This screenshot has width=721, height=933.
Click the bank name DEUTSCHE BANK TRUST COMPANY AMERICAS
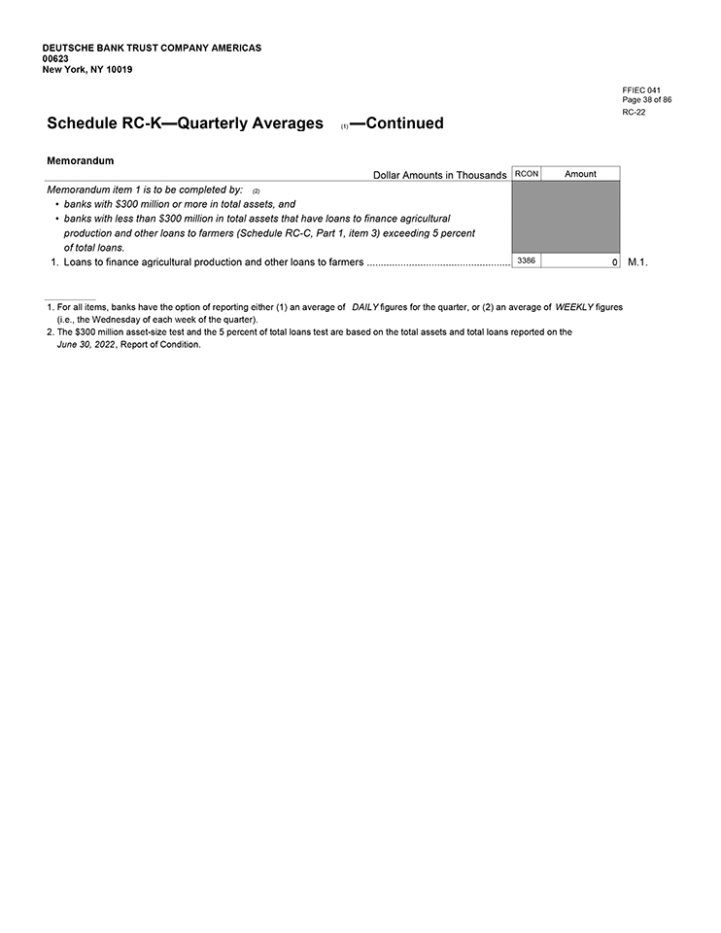[x=152, y=48]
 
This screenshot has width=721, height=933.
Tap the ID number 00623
[x=55, y=58]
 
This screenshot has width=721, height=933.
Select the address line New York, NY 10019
[x=87, y=70]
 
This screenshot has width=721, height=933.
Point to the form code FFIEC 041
[x=641, y=90]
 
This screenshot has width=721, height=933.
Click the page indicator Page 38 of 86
[x=647, y=100]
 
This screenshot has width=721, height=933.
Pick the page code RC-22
[x=634, y=112]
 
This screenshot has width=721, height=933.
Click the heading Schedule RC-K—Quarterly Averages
[x=185, y=123]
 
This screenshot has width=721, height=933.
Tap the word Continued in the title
[x=404, y=123]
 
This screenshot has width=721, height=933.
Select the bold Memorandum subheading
[x=81, y=159]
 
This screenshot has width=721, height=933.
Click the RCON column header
[x=526, y=174]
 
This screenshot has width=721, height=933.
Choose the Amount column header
[x=580, y=174]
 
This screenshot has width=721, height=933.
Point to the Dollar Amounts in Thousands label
[x=439, y=175]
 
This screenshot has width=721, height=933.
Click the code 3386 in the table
[x=526, y=260]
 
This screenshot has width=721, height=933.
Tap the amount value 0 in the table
[x=615, y=262]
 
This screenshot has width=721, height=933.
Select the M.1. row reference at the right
[x=638, y=262]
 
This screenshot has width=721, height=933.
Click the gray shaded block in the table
[x=566, y=217]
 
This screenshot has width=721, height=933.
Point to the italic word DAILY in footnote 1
[x=364, y=307]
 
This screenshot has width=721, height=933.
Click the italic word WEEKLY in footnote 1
[x=573, y=307]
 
